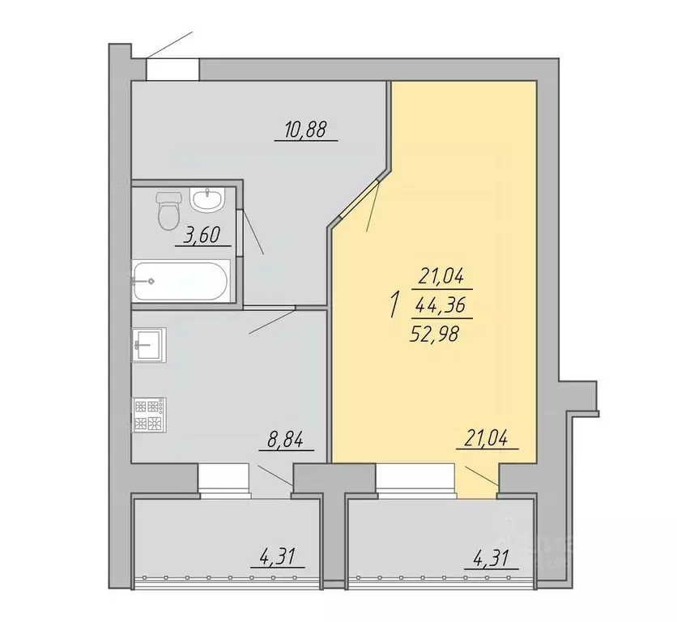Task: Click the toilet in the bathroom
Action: click(x=168, y=211)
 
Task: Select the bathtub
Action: click(x=181, y=281)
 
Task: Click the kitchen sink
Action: click(x=149, y=344)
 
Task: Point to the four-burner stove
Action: click(x=149, y=415)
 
